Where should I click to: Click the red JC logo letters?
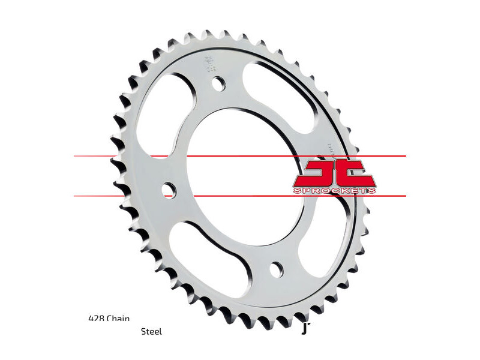[x=335, y=173]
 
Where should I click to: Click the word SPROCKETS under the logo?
[x=335, y=190]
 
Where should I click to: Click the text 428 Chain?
[x=109, y=319]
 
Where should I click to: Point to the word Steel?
[x=151, y=331]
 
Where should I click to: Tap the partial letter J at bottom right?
[x=305, y=329]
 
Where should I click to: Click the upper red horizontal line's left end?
[x=76, y=156]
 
